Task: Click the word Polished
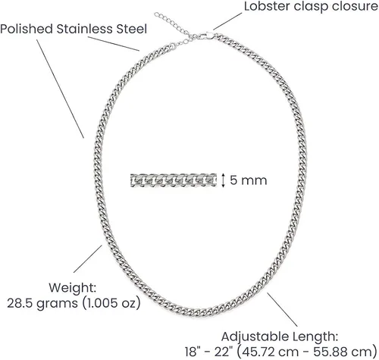[x=27, y=29]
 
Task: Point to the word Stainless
[x=85, y=29]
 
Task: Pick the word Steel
[x=131, y=29]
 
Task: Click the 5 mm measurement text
[x=249, y=180]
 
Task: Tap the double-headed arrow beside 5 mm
[x=223, y=180]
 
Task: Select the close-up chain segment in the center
[x=174, y=180]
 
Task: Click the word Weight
[x=73, y=288]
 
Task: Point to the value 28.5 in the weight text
[x=20, y=303]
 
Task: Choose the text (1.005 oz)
[x=111, y=303]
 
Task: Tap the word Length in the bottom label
[x=315, y=337]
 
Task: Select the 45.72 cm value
[x=271, y=352]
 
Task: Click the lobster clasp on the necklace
[x=206, y=36]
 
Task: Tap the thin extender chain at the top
[x=174, y=27]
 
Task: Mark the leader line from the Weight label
[x=88, y=258]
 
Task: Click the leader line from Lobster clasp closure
[x=227, y=21]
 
